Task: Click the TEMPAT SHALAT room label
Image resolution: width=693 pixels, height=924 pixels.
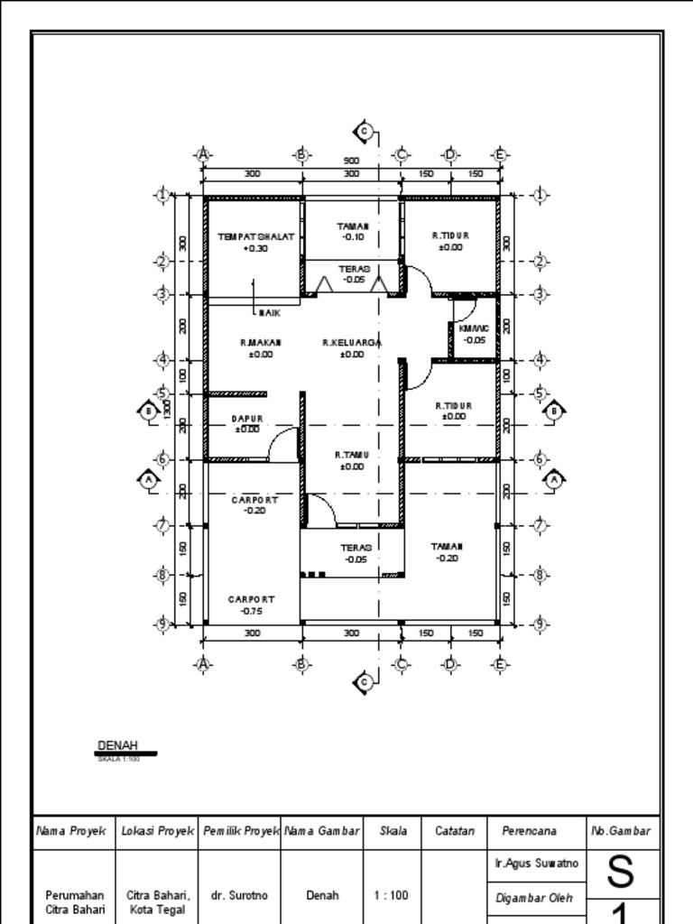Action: [254, 236]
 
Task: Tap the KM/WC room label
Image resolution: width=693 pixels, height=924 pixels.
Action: [473, 329]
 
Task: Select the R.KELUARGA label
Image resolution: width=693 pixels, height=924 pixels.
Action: [352, 343]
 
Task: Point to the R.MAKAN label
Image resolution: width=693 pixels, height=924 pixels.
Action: [254, 343]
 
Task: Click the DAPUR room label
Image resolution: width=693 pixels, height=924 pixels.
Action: [246, 419]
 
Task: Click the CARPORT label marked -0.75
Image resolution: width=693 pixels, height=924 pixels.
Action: [252, 598]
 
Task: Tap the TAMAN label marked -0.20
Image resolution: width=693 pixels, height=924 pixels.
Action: [446, 546]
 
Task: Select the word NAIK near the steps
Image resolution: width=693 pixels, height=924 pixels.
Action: [269, 313]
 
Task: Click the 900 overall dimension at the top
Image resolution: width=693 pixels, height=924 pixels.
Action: [351, 161]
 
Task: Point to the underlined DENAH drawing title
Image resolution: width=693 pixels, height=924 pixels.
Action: [117, 745]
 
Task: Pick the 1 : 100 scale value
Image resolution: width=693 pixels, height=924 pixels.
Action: [393, 896]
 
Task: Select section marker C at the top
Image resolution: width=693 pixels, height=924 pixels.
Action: [365, 132]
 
